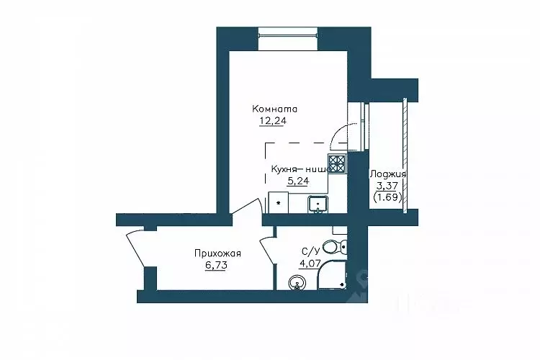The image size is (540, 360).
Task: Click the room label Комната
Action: [x=275, y=109]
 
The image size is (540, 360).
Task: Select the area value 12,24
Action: [x=273, y=121]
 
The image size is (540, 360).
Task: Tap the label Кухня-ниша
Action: [x=301, y=169]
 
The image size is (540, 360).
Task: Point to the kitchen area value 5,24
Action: [x=298, y=181]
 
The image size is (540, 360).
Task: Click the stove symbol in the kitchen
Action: [x=337, y=163]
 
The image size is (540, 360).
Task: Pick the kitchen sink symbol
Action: [x=318, y=204]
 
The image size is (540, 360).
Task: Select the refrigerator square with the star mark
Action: [x=279, y=203]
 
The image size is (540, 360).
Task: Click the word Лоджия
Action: [x=388, y=174]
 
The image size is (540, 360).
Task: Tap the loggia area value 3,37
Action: [x=387, y=186]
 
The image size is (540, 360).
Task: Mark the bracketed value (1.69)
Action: [x=388, y=198]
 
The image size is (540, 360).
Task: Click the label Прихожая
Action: [x=217, y=253]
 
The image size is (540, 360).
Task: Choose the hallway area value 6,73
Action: [x=216, y=266]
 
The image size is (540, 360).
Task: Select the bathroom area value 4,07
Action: [x=310, y=264]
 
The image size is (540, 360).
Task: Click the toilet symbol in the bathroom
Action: [x=335, y=247]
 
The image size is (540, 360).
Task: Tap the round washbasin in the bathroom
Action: [x=297, y=284]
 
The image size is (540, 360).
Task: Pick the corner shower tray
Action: [x=332, y=275]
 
